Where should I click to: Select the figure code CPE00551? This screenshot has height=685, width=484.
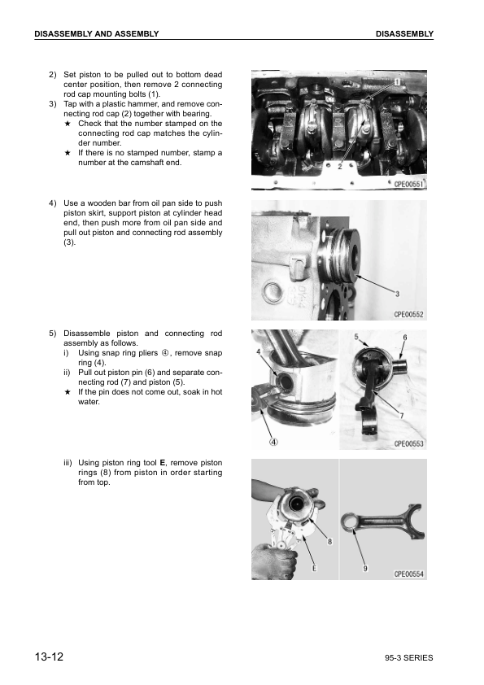tap(409, 185)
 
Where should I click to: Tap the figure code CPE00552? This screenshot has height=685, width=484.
tap(409, 313)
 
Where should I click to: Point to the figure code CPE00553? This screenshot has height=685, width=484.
tap(409, 443)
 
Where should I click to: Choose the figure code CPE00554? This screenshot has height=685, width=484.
tap(409, 574)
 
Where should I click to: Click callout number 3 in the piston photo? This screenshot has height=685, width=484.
tap(396, 293)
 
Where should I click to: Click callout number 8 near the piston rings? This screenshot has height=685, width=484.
tap(329, 540)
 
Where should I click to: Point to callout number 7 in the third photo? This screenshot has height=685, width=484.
tap(400, 416)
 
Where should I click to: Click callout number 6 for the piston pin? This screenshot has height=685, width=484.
tap(404, 337)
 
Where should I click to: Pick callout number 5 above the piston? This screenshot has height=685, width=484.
tap(356, 335)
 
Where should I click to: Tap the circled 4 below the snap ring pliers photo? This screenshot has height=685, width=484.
tap(274, 442)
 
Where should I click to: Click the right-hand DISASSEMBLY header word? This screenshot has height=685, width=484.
tap(404, 33)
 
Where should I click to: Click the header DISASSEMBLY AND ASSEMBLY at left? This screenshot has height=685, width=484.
tap(96, 33)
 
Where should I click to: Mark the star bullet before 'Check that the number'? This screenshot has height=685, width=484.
tap(68, 124)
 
